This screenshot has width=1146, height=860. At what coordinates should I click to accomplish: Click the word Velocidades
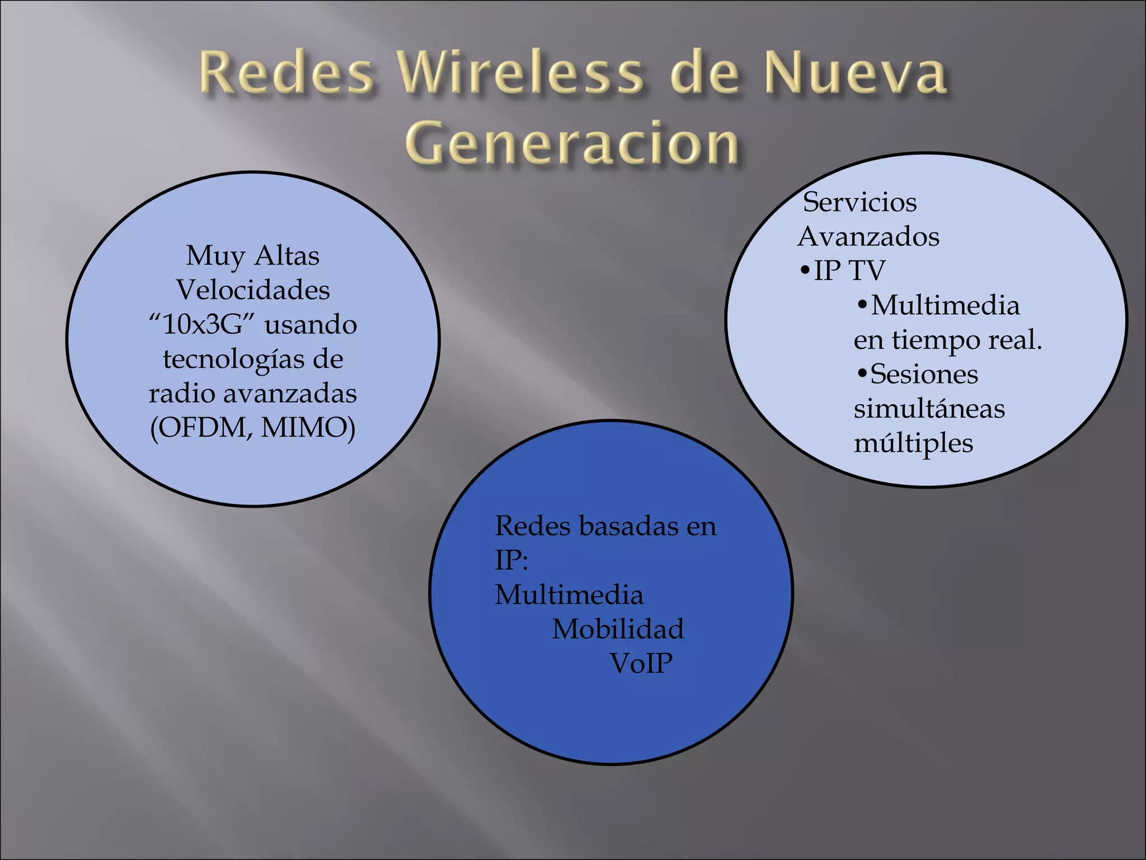pos(253,290)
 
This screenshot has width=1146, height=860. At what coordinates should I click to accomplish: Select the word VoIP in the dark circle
pos(641,663)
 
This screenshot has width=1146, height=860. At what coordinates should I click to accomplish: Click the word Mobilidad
pos(618,629)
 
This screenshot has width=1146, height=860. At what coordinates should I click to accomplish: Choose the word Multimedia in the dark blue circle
pos(569,595)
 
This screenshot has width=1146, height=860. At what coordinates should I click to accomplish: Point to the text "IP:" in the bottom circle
pos(511,560)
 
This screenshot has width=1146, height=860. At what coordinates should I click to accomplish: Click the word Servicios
pos(859,202)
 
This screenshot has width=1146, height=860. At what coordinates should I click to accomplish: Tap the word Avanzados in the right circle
pos(868,236)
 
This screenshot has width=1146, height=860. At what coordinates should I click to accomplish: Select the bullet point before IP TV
pos(805,272)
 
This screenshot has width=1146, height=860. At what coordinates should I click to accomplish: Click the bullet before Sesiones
pos(862,373)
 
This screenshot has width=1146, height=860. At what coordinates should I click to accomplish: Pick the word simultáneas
pos(929,409)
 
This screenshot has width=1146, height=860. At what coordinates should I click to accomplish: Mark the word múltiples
pos(913,443)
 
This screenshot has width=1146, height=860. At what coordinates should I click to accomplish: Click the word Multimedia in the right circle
pos(945,306)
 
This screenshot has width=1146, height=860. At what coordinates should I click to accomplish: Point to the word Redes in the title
pos(286,73)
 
